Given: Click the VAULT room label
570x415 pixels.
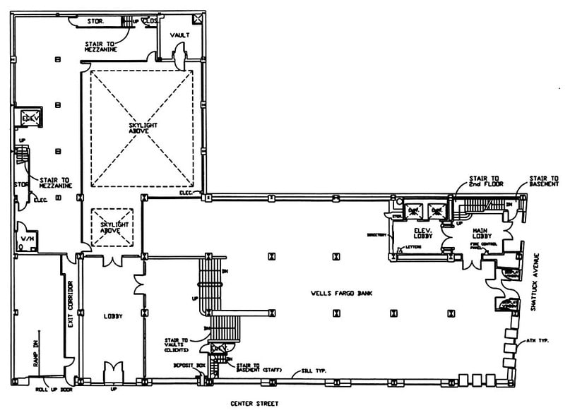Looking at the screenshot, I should (179, 35).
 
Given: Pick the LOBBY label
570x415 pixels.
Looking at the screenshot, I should (112, 316).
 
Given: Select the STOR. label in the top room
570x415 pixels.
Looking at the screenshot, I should (95, 21).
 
